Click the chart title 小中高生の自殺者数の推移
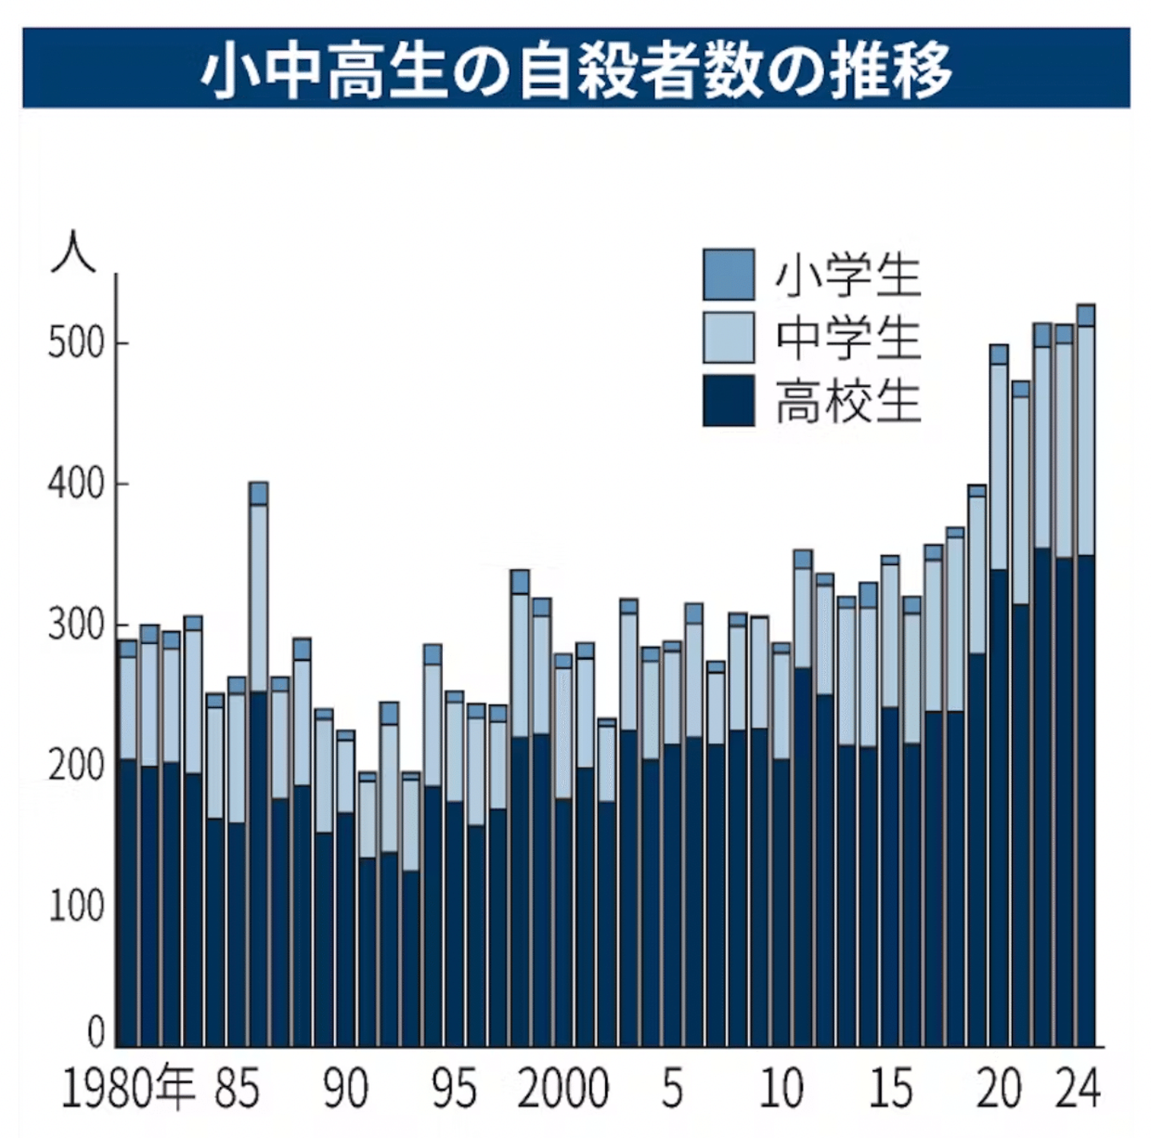tap(575, 69)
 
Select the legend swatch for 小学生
tap(728, 275)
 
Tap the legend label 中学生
tap(848, 338)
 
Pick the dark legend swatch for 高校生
tap(728, 400)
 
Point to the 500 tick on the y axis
tap(76, 344)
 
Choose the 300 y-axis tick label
tap(76, 626)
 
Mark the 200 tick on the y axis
tap(76, 766)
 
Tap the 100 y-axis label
tap(76, 907)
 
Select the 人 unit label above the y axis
tap(74, 254)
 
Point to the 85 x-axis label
tap(237, 1088)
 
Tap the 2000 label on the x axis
tap(563, 1088)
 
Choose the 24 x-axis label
tap(1077, 1088)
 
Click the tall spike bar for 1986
tap(258, 764)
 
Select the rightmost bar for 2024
tap(1085, 676)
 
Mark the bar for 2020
tap(998, 695)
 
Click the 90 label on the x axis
tap(345, 1088)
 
